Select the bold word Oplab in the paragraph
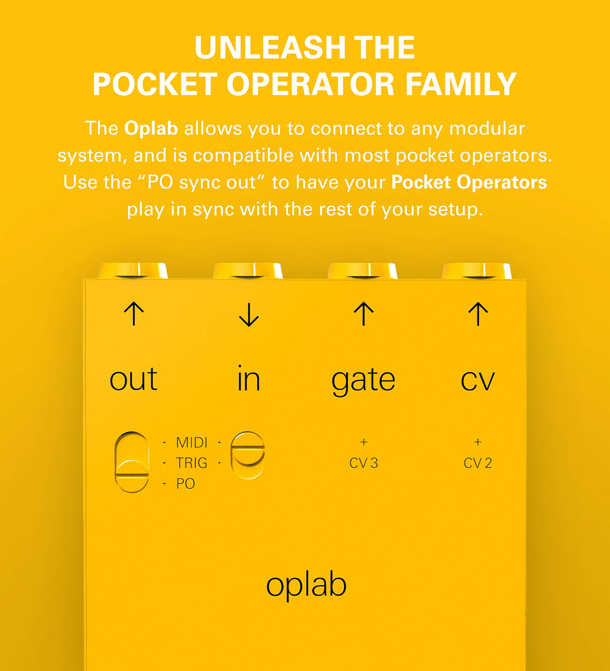(x=151, y=129)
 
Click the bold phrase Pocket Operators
(x=469, y=182)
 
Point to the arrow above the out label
(x=134, y=314)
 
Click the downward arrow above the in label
(x=249, y=315)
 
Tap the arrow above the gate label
(x=363, y=314)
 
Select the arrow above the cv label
(x=478, y=314)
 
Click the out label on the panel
(x=134, y=379)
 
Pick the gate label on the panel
(x=363, y=380)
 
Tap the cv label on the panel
(x=478, y=380)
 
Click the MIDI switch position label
(x=191, y=443)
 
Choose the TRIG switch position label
(x=191, y=463)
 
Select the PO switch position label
(x=185, y=484)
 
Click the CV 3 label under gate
(x=363, y=463)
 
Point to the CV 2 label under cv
(x=478, y=463)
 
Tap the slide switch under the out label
(x=132, y=461)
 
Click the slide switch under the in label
(x=248, y=455)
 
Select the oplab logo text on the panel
(x=306, y=586)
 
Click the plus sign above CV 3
(x=364, y=442)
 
